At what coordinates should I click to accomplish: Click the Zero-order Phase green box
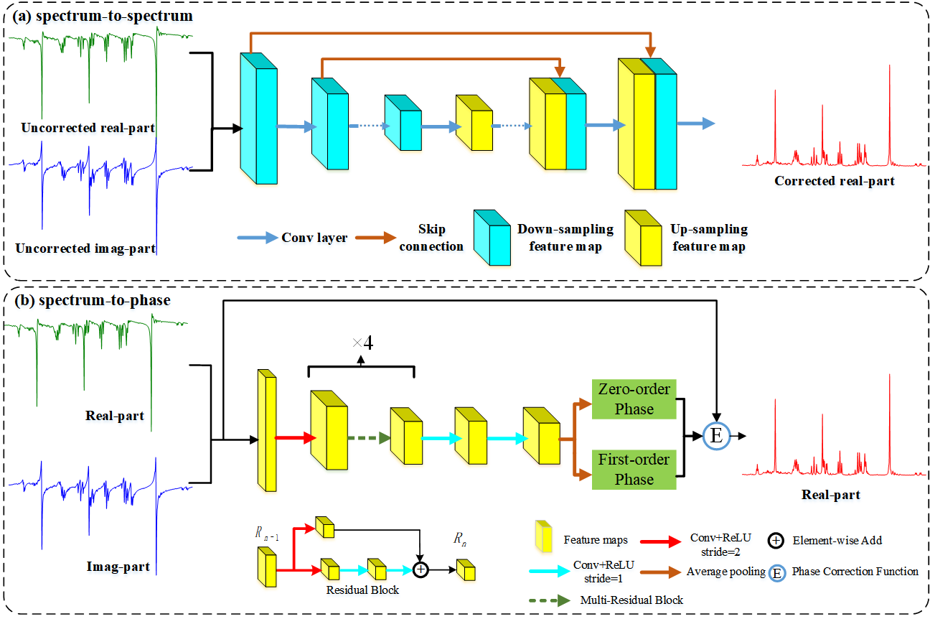(x=634, y=399)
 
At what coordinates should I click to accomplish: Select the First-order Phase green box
(x=634, y=469)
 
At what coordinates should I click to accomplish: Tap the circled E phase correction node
(x=715, y=436)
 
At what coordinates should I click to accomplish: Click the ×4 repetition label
(x=362, y=343)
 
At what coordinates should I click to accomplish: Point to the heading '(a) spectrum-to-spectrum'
(x=102, y=15)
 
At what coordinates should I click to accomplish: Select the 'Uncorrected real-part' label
(x=88, y=128)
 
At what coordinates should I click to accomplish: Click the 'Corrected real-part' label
(x=835, y=181)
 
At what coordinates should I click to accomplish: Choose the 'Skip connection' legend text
(x=431, y=238)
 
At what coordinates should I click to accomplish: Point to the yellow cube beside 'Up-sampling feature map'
(x=642, y=237)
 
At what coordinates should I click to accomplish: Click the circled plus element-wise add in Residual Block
(x=421, y=569)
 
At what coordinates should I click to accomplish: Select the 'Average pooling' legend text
(x=725, y=572)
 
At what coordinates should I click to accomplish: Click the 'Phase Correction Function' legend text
(x=855, y=572)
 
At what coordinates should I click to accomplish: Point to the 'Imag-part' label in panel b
(x=118, y=567)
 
